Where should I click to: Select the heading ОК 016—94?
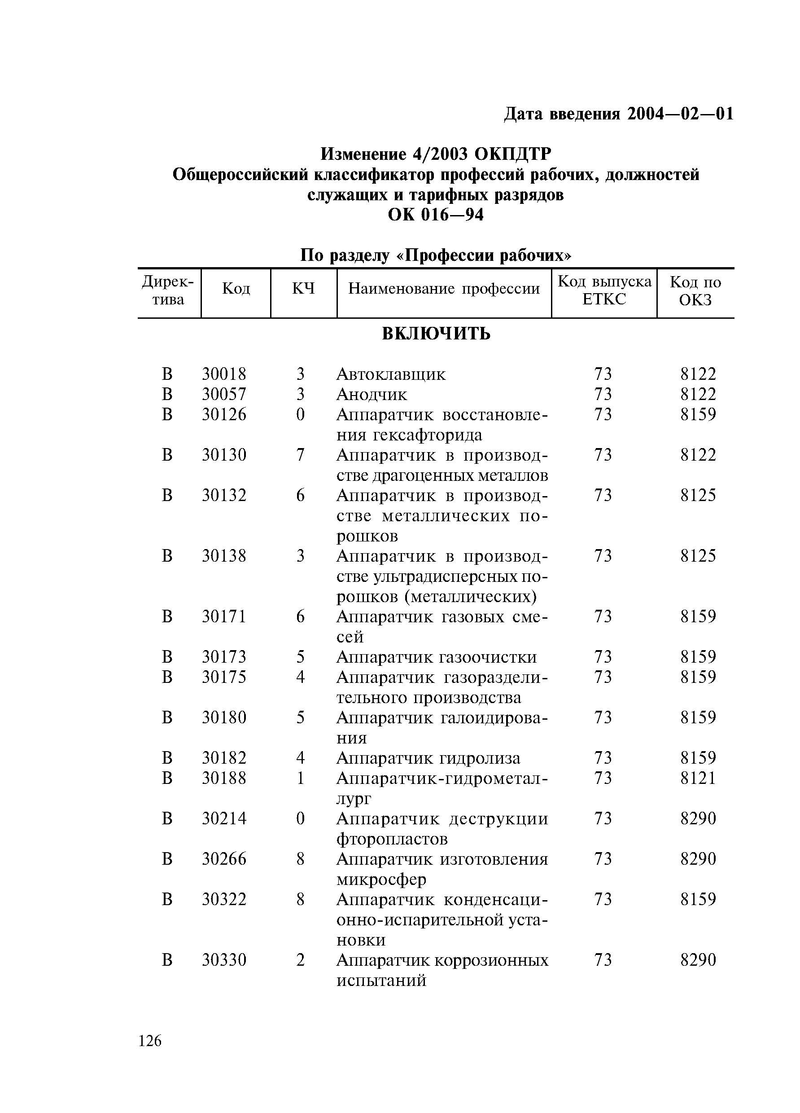tap(436, 215)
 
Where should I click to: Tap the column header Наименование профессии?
tap(443, 289)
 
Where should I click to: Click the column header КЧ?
tap(303, 289)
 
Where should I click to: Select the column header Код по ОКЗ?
tap(695, 290)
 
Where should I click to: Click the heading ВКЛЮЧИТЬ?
tap(436, 334)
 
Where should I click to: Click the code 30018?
tap(223, 374)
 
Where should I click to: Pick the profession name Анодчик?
tap(372, 395)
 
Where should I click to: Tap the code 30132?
tap(223, 495)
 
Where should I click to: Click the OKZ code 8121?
tap(698, 778)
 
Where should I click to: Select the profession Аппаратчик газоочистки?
tap(436, 656)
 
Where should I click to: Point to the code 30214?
tap(223, 818)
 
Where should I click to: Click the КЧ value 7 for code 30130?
tap(300, 455)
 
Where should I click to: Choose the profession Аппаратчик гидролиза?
tap(428, 758)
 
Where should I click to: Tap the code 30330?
tap(223, 959)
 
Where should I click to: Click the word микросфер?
tap(381, 879)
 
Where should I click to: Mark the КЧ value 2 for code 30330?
tap(300, 959)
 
